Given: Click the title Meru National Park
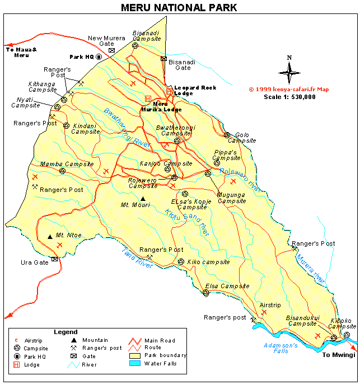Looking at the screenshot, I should coord(179,8).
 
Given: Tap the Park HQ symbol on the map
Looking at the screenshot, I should coord(99,57).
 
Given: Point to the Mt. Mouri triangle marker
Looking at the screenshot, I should coord(143,199).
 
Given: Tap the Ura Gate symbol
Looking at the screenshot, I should coord(54,259).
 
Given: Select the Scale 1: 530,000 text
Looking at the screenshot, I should coord(289,97).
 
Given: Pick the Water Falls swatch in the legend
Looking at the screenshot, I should coord(134,364).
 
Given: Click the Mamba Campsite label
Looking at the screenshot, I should coord(67,165).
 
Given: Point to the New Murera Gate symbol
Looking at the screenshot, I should coord(111,50).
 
